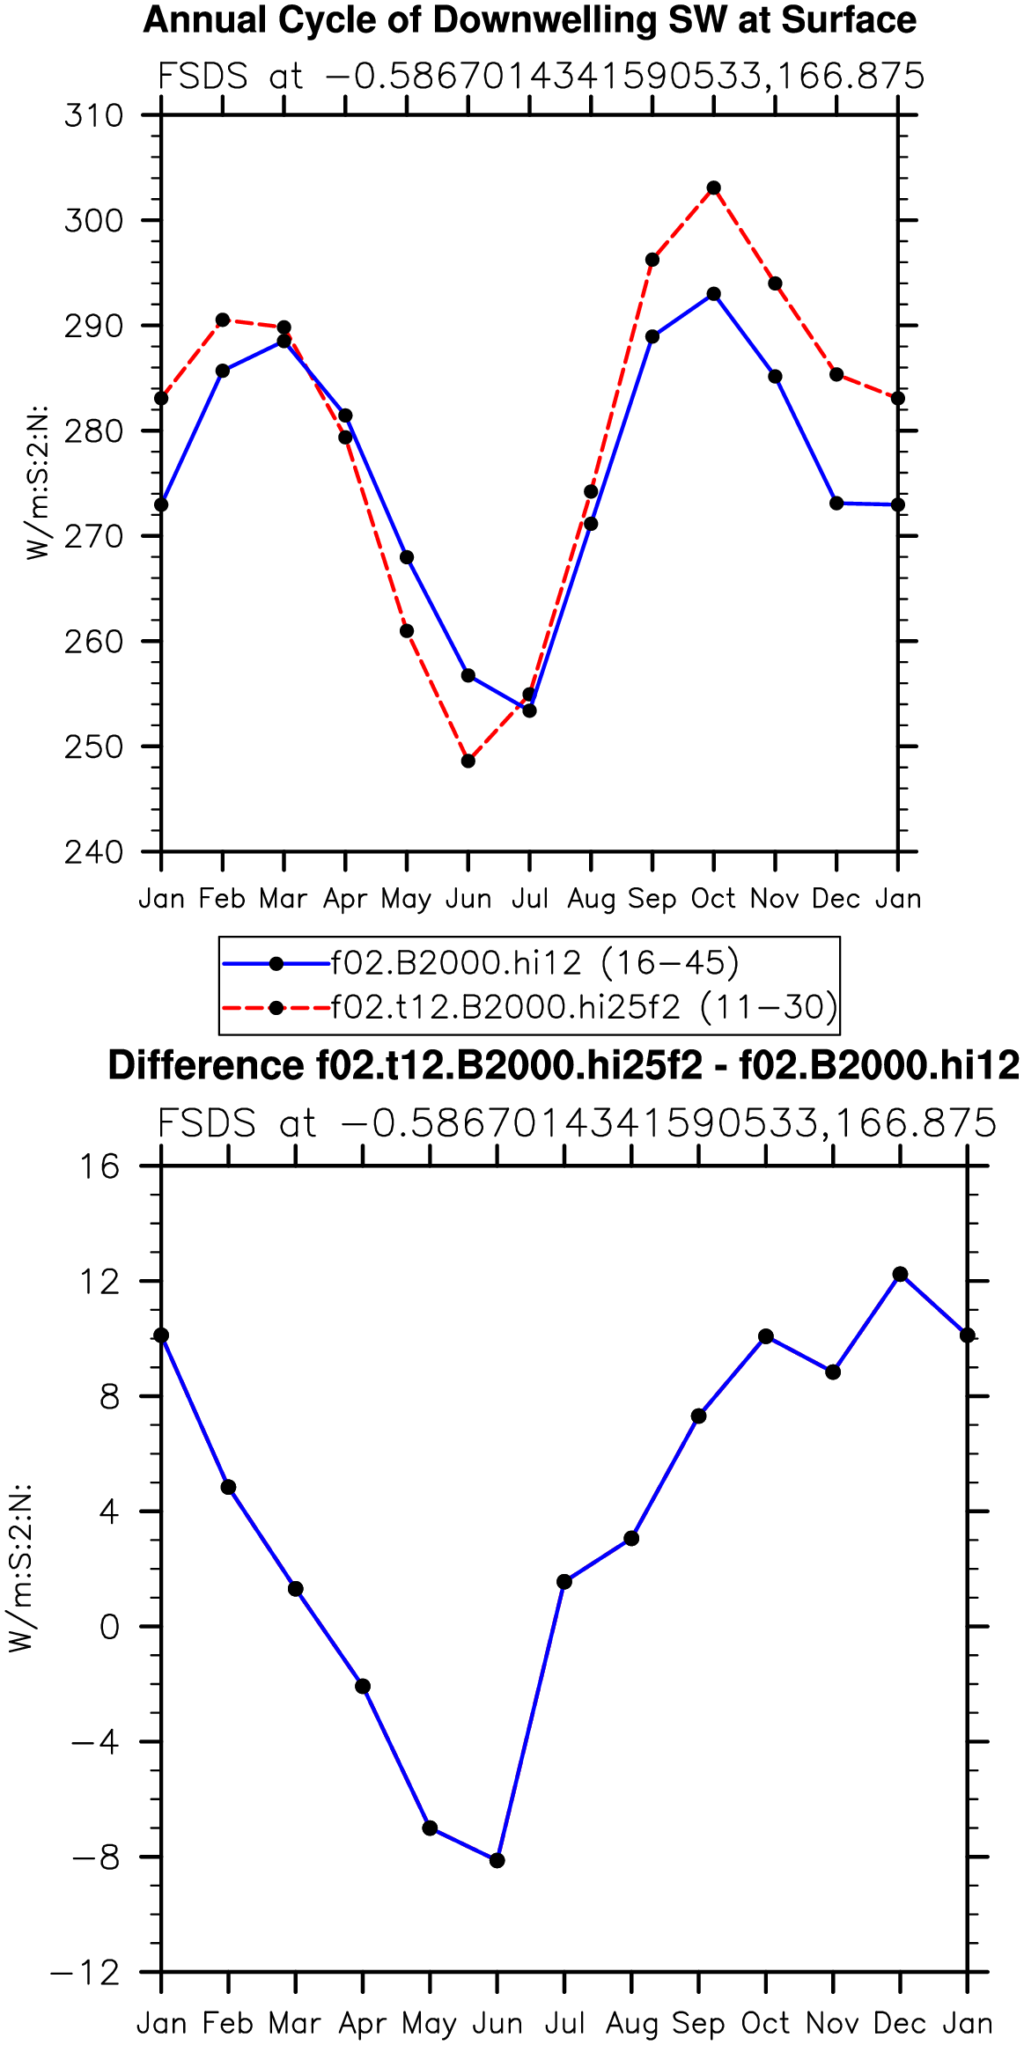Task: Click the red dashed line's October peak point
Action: click(x=714, y=188)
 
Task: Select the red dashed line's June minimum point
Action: click(x=468, y=761)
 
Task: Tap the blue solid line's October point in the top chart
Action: click(x=714, y=294)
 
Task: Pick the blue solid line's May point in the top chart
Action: click(x=407, y=557)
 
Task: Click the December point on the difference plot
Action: click(x=900, y=1275)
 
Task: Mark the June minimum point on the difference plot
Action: click(x=497, y=1860)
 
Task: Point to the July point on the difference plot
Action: click(x=564, y=1582)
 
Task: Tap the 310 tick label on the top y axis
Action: click(x=93, y=115)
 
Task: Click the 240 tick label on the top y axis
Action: click(x=93, y=852)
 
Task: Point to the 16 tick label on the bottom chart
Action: click(x=99, y=1166)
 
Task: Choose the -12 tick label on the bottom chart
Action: click(x=85, y=1973)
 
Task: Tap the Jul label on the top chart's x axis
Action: click(x=530, y=899)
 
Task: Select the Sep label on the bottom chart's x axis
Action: click(x=698, y=2023)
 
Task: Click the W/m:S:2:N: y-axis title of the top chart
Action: click(x=37, y=483)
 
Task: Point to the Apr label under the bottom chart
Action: click(x=363, y=2023)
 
